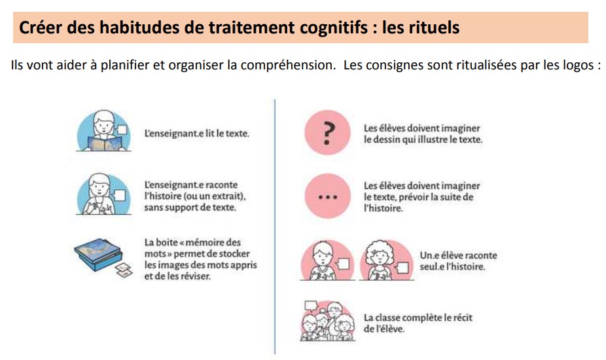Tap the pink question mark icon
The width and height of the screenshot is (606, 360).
coord(327,133)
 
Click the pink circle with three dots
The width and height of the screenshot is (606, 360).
coord(327,196)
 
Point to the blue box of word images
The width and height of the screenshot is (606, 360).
coord(98,254)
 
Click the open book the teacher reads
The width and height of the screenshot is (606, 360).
coord(104,144)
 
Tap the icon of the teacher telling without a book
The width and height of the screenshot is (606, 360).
coord(103,194)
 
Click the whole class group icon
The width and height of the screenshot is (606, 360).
coord(327,321)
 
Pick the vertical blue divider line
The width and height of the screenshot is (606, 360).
coord(275,226)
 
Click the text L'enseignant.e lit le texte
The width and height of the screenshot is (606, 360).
coord(197,134)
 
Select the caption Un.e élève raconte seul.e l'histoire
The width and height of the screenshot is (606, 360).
coord(458,261)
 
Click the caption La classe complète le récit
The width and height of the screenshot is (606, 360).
coord(418,323)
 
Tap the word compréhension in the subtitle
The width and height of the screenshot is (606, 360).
coord(288,65)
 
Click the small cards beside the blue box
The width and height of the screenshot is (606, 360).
coord(124,270)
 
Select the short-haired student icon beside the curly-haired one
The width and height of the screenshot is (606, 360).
coord(327,260)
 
